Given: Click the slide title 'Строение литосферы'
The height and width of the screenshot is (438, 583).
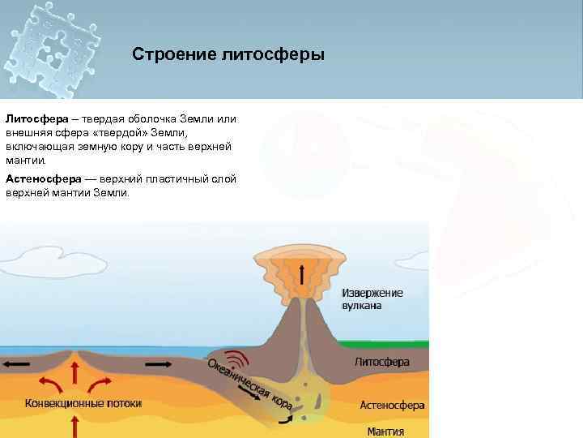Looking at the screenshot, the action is [228, 55].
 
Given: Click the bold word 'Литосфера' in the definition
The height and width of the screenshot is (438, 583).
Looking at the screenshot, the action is [33, 118].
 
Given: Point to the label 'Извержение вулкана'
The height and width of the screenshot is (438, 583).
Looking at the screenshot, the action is [372, 299].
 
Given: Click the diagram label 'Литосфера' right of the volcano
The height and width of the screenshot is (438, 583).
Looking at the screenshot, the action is [382, 362].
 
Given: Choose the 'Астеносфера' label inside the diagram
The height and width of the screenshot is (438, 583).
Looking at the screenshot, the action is [392, 405].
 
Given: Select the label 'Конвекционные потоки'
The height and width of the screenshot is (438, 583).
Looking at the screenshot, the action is [83, 403].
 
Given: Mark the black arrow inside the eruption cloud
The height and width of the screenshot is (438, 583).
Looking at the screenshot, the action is [303, 275].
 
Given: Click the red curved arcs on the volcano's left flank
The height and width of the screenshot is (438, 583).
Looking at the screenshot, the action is [236, 359].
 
